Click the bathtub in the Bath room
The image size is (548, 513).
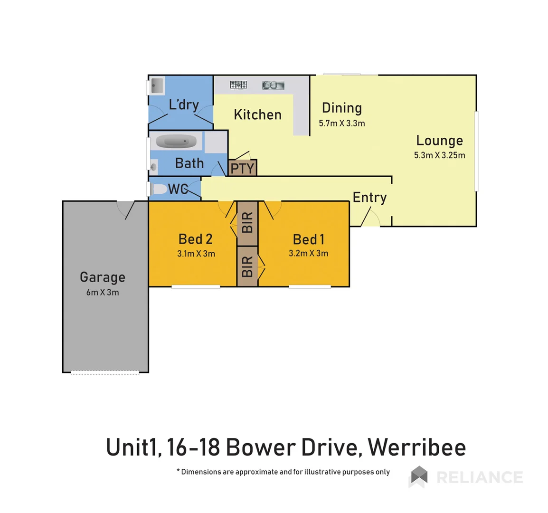[176, 142]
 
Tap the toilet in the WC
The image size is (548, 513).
[160, 189]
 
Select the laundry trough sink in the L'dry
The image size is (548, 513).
[156, 86]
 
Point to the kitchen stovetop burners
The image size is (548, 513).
[238, 85]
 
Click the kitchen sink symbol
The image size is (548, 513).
[273, 85]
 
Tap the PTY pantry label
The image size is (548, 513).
[242, 168]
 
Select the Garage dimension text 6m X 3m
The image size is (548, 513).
[103, 292]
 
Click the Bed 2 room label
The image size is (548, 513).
[195, 239]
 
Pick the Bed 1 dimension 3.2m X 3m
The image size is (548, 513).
[308, 253]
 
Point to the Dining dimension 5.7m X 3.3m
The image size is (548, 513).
[342, 123]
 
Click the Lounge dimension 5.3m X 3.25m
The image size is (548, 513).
[439, 155]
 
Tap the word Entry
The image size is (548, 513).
[369, 197]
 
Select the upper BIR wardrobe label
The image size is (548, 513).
[247, 222]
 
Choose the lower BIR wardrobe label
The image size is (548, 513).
[247, 266]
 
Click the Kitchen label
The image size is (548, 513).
[257, 114]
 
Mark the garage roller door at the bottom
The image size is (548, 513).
[105, 373]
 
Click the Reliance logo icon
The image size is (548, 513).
[418, 476]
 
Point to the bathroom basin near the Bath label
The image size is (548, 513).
[153, 167]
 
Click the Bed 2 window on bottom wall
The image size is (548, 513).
[196, 286]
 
